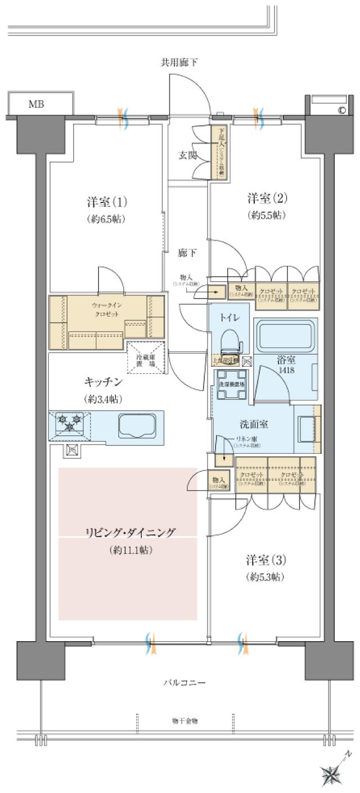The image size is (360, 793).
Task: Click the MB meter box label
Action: coord(37,104)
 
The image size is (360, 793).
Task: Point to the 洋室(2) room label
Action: coord(267,198)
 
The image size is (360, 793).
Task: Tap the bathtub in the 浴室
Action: coord(285,336)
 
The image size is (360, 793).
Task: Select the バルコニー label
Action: coord(184,683)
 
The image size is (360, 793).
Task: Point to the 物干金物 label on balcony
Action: coord(184,720)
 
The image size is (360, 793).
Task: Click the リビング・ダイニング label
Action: coord(130,533)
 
